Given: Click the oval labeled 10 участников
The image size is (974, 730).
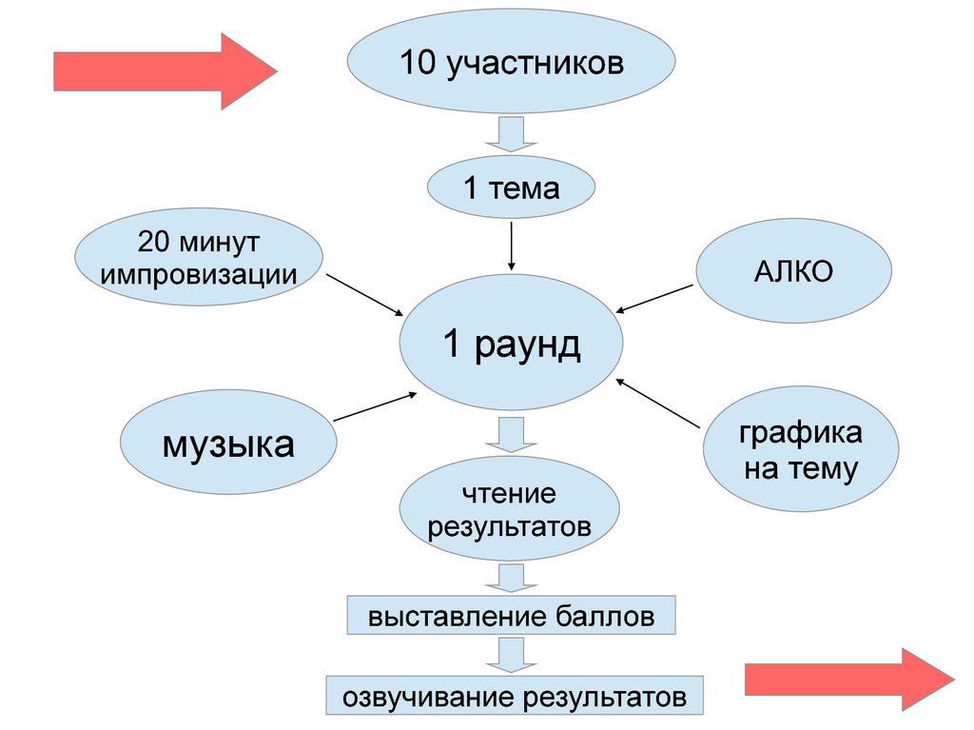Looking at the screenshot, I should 512,66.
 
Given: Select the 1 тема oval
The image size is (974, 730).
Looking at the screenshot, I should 512,189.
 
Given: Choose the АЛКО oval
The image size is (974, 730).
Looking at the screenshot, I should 794,272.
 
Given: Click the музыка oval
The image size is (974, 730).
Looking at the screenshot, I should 228,444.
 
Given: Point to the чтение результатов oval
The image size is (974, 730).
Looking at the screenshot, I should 510,510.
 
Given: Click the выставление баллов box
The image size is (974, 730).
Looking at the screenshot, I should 512,617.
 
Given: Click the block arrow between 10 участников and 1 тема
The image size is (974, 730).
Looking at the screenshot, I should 512,134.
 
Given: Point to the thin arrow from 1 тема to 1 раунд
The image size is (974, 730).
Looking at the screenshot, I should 512,246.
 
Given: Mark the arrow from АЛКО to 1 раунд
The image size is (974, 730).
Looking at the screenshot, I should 655,297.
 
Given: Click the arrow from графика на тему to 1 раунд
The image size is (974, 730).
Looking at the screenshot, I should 659,403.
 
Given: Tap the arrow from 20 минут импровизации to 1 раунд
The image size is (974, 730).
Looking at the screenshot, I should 365,296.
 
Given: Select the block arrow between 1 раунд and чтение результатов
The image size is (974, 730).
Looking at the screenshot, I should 512,434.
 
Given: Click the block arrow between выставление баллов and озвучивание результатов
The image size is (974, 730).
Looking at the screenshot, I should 512,656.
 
